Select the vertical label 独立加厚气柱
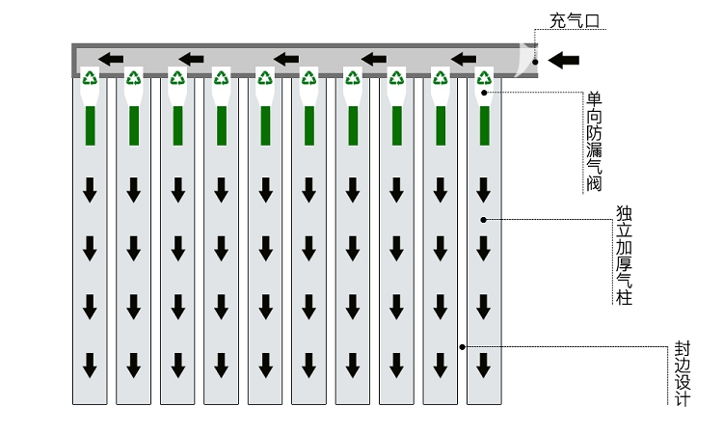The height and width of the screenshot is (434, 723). (624, 256)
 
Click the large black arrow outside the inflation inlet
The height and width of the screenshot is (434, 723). (564, 61)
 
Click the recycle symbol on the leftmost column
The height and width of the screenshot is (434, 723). (90, 78)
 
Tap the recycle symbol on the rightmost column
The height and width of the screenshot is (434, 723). (484, 78)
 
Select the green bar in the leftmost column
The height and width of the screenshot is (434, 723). (90, 125)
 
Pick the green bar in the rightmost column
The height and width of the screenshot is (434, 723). (484, 125)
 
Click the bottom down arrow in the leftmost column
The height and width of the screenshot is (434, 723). (90, 365)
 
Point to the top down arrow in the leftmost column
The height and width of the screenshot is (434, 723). (90, 189)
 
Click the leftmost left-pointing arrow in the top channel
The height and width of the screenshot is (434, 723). (111, 59)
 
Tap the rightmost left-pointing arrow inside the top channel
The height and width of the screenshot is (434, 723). (464, 59)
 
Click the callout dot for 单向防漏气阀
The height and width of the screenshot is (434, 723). (485, 92)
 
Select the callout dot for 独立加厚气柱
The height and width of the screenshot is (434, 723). (484, 220)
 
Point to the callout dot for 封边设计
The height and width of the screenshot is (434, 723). (463, 345)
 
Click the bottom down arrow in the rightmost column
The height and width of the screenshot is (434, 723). (484, 365)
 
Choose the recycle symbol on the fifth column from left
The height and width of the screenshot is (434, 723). (265, 78)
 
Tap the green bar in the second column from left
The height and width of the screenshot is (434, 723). (134, 125)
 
